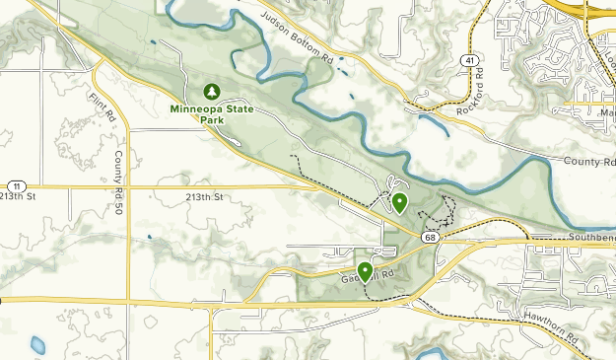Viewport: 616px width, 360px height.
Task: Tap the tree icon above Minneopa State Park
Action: coord(210,92)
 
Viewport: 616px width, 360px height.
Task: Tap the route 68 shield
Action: coord(431,238)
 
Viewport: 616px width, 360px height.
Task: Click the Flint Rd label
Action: coord(102,106)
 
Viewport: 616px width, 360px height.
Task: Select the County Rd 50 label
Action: coord(117,173)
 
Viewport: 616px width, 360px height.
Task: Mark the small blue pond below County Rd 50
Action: coord(38,345)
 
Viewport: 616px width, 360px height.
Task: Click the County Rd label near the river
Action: coord(589,160)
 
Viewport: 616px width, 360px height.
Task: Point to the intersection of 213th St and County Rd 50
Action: coord(128,185)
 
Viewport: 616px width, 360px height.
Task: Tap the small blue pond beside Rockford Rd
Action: coord(431,124)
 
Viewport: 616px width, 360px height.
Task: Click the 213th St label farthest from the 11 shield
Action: coord(205,197)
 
